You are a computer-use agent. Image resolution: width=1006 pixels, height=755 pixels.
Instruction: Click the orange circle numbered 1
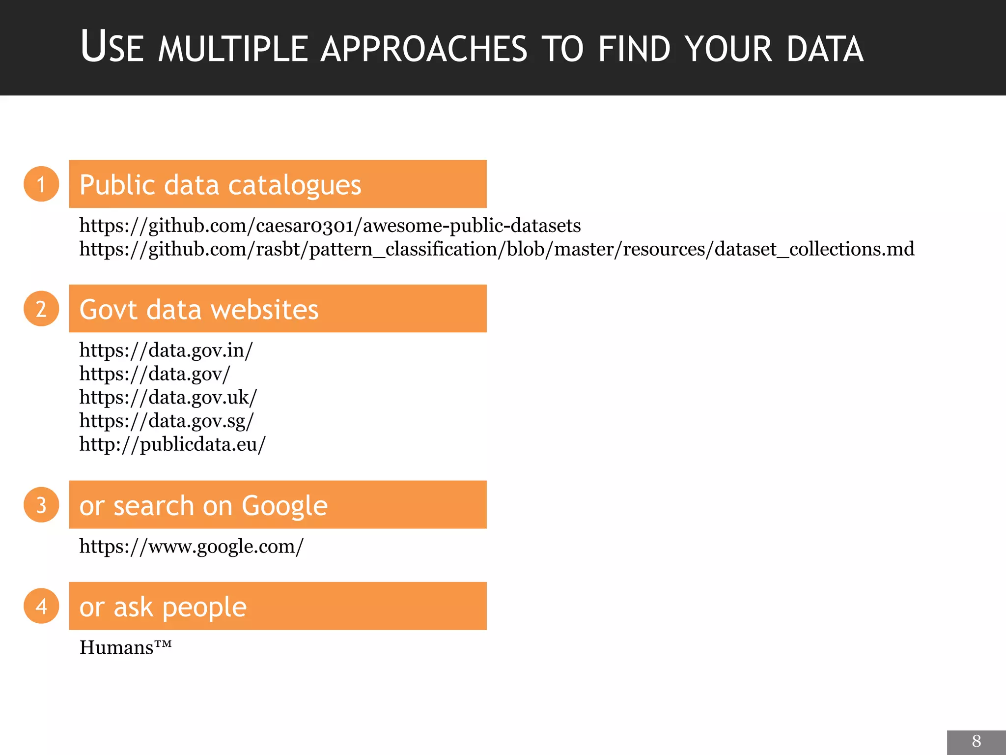pyautogui.click(x=41, y=184)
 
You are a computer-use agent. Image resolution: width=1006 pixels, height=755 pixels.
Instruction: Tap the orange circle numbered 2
pyautogui.click(x=41, y=309)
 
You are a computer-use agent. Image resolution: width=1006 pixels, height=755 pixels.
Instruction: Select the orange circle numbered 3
pyautogui.click(x=41, y=505)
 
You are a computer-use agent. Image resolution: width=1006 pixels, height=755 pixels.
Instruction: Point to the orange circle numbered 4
pyautogui.click(x=41, y=606)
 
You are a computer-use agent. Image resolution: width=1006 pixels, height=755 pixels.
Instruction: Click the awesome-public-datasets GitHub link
pyautogui.click(x=330, y=226)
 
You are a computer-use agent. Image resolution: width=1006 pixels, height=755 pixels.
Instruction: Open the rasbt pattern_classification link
pyautogui.click(x=496, y=249)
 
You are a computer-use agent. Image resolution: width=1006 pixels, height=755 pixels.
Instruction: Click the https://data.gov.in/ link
pyautogui.click(x=166, y=350)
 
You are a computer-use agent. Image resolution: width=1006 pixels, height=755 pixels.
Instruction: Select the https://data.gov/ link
pyautogui.click(x=155, y=374)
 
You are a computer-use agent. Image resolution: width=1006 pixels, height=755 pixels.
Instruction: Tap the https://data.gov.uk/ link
pyautogui.click(x=168, y=397)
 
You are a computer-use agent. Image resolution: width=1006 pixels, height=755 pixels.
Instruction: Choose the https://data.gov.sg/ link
pyautogui.click(x=167, y=421)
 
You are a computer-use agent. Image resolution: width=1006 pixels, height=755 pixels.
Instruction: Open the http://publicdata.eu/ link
pyautogui.click(x=172, y=444)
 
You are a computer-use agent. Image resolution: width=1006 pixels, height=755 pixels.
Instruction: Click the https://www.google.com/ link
pyautogui.click(x=192, y=547)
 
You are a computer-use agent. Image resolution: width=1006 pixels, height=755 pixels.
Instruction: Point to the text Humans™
pyautogui.click(x=126, y=647)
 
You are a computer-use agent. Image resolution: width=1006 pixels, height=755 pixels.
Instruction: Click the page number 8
pyautogui.click(x=976, y=741)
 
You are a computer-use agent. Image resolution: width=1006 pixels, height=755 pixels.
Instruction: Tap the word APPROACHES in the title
pyautogui.click(x=423, y=49)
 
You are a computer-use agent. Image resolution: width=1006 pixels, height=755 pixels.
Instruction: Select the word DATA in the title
pyautogui.click(x=825, y=49)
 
